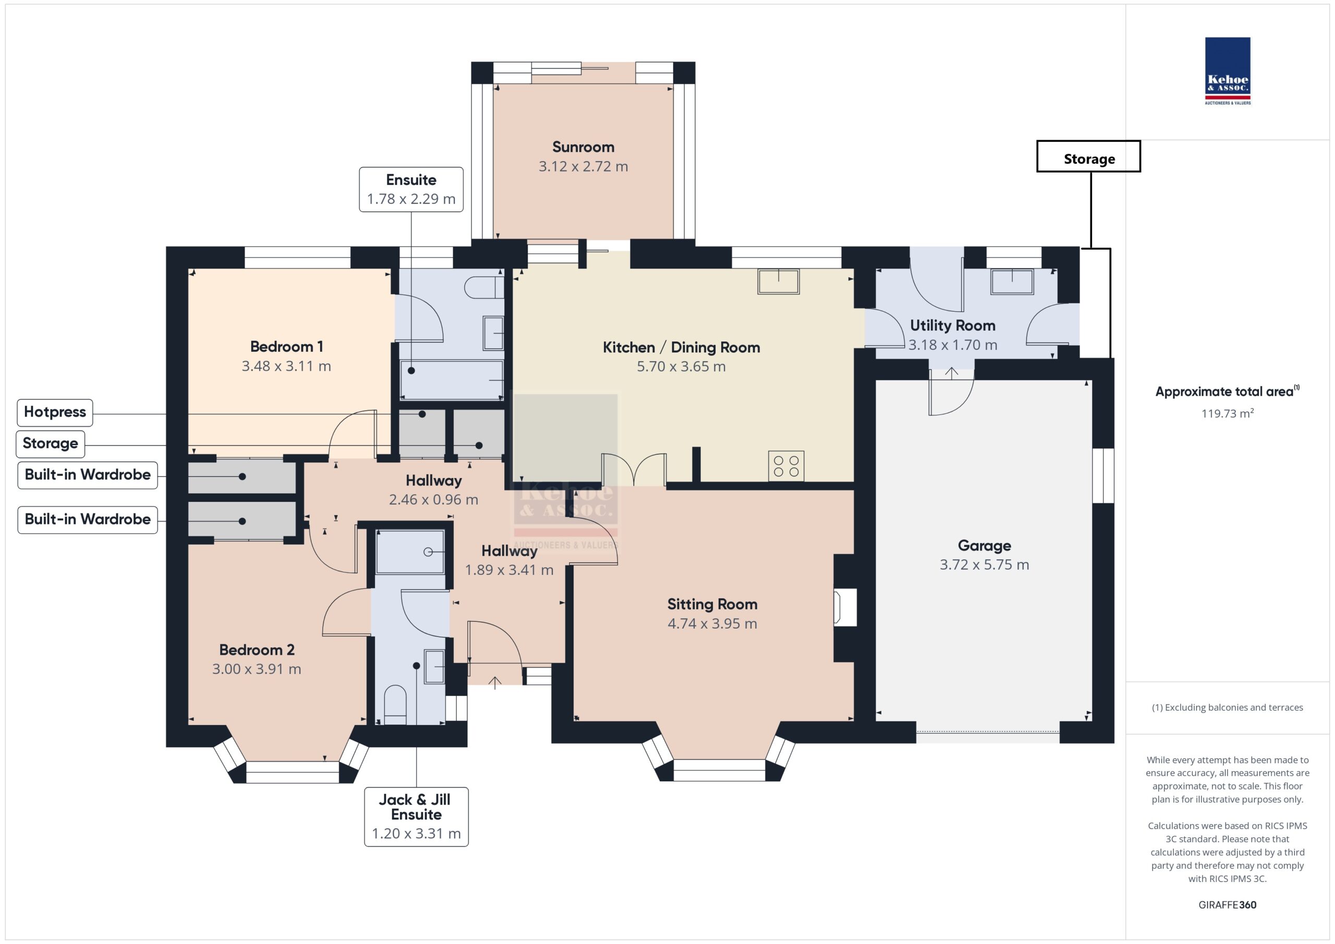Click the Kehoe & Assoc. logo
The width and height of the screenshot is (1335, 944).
pos(1228,71)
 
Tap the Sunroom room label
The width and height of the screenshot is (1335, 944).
pos(583,147)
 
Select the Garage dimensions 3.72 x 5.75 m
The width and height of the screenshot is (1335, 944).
pos(985,565)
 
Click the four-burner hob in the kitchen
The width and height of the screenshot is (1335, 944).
pos(786,466)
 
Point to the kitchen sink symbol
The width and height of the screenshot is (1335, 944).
pos(779,281)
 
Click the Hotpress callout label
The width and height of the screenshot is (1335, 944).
pos(55,412)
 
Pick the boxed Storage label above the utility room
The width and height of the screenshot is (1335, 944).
pos(1088,156)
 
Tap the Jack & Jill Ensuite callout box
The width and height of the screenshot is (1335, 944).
pos(416,817)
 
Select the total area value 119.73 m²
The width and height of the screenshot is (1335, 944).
pos(1228,413)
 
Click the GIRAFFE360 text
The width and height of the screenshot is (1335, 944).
pos(1228,904)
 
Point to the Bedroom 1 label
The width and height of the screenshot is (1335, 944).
pos(286,347)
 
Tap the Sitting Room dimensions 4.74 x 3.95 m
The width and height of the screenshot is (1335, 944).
pos(712,624)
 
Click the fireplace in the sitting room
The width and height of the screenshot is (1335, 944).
pos(845,607)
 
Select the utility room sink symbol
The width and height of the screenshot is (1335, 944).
pos(1012,281)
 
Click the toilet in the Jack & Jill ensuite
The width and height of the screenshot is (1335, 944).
pos(395,705)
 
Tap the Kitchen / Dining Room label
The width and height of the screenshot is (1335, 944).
pos(682,347)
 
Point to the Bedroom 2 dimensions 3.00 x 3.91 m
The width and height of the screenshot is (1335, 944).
pos(257,669)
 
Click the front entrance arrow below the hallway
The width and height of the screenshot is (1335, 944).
pos(495,682)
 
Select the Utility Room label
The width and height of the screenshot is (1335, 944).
pos(952,325)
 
